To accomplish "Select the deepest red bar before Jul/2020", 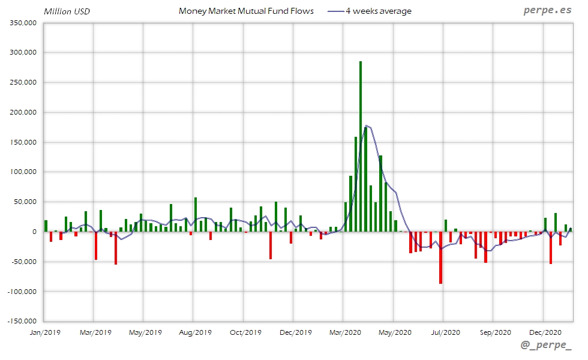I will [440, 257].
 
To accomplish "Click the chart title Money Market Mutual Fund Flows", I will [246, 11].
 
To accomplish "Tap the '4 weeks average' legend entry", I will [378, 11].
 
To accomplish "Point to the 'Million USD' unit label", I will [67, 11].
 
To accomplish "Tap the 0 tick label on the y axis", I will [34, 232].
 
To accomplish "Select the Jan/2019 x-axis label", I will [45, 332].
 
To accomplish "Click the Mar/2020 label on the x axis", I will [343, 332].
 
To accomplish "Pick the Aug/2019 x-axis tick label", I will [194, 332].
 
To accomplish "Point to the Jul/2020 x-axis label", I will [443, 332].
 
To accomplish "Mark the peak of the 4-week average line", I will [367, 125].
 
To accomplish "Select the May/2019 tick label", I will [145, 332].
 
